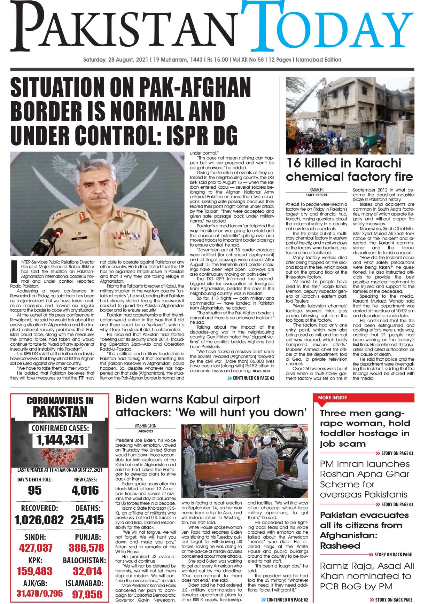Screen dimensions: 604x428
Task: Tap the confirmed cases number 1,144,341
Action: point(60,440)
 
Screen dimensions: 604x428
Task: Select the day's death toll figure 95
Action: point(34,490)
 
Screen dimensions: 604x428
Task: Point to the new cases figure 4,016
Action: point(85,490)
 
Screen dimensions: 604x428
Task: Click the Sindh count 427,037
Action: point(36,548)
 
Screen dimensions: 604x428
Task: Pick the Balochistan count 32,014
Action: point(87,571)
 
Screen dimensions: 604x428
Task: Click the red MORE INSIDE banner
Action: point(333,398)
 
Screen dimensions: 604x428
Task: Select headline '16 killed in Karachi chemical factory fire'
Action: point(349,170)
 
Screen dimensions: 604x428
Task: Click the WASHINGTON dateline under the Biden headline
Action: point(145,426)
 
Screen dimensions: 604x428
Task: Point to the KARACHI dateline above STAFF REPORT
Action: point(316,190)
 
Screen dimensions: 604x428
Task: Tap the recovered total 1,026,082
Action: point(39,520)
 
